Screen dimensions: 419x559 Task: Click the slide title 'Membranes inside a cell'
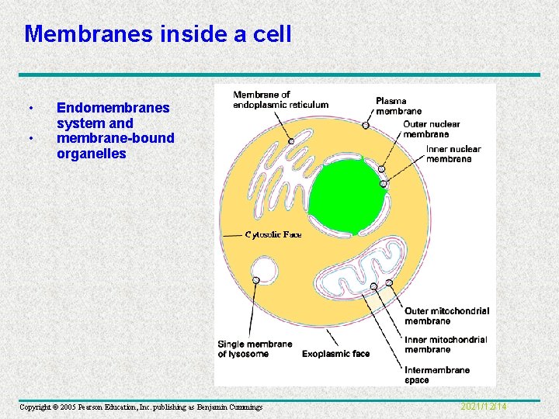158,33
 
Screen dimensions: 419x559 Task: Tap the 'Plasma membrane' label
398,106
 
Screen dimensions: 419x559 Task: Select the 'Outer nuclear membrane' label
431,129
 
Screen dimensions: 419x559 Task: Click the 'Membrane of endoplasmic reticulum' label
280,100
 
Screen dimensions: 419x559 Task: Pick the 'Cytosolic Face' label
273,234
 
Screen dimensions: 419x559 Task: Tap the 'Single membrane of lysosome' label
255,349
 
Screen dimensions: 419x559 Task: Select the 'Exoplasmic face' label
335,354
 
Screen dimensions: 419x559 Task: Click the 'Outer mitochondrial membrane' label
446,316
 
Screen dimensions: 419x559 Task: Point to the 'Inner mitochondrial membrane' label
446,345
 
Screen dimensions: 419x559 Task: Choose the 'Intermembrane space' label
437,375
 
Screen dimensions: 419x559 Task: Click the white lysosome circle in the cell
264,271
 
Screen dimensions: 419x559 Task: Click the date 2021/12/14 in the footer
484,407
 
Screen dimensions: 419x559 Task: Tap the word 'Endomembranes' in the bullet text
113,109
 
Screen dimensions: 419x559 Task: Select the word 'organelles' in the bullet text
91,154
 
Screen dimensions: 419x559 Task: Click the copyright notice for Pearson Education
141,407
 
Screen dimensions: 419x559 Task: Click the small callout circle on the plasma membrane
366,124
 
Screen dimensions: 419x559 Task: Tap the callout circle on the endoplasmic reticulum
291,140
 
